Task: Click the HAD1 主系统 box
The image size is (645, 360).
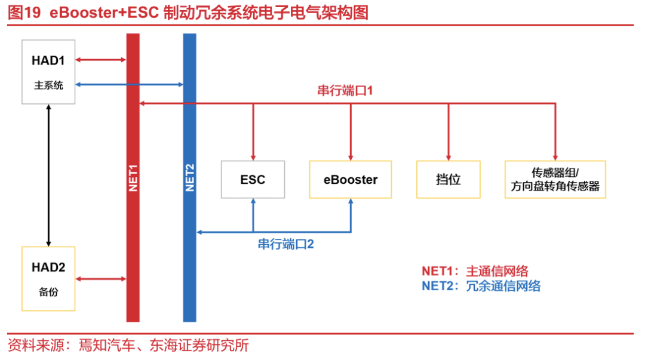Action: pyautogui.click(x=48, y=72)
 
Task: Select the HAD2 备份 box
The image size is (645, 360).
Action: pyautogui.click(x=48, y=278)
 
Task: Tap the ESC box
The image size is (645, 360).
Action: pyautogui.click(x=253, y=179)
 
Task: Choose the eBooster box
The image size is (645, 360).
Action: pyautogui.click(x=351, y=179)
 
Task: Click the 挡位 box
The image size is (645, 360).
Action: pyautogui.click(x=448, y=179)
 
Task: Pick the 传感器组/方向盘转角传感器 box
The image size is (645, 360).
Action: pyautogui.click(x=555, y=179)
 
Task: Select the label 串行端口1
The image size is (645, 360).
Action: pyautogui.click(x=345, y=91)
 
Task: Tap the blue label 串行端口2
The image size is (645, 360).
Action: pyautogui.click(x=286, y=244)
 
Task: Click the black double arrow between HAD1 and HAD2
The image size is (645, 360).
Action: pyautogui.click(x=48, y=176)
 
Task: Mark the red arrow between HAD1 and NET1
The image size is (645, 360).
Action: pyautogui.click(x=101, y=60)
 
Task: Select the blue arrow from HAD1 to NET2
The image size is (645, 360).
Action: pyautogui.click(x=129, y=85)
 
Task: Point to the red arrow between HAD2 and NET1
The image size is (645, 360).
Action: pyautogui.click(x=101, y=278)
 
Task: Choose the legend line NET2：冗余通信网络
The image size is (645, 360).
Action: pyautogui.click(x=481, y=286)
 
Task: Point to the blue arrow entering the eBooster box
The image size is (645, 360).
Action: pyautogui.click(x=351, y=215)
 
